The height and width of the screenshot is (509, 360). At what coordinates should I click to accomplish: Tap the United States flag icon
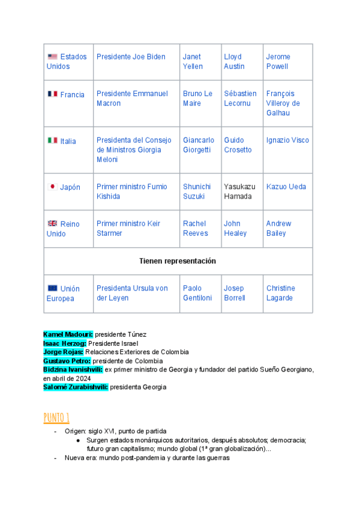[52, 57]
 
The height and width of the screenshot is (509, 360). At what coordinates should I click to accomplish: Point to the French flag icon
[52, 94]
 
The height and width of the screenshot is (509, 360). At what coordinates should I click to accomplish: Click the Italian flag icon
[52, 140]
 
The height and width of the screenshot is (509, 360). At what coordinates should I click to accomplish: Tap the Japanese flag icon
[52, 187]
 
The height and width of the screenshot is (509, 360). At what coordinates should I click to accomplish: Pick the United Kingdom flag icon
[52, 223]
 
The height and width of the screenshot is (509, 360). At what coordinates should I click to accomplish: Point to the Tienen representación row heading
[178, 261]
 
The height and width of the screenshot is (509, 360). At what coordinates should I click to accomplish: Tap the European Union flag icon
[53, 288]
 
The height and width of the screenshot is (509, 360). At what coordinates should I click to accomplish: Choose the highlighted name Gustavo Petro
[67, 361]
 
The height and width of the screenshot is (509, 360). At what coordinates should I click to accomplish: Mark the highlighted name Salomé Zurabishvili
[75, 387]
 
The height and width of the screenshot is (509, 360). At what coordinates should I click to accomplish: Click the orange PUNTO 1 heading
[56, 417]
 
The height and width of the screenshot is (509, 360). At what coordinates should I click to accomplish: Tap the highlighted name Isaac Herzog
[64, 343]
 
